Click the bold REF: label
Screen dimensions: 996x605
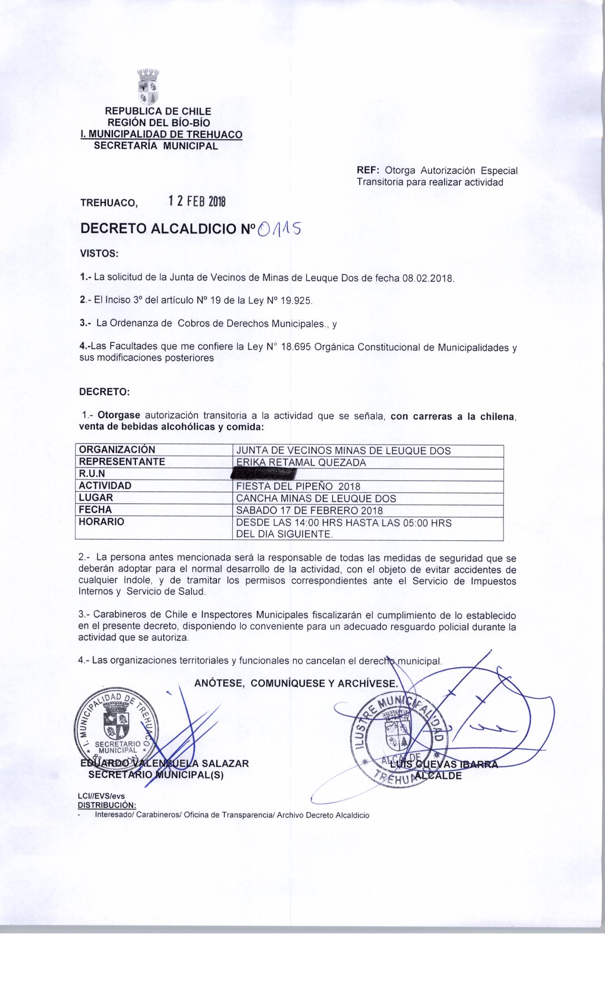coord(368,170)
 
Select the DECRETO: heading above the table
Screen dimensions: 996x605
coord(104,392)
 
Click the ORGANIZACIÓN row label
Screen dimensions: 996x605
coord(117,450)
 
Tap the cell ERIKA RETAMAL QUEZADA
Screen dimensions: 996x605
coord(301,462)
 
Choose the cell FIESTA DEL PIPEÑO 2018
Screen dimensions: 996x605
coord(298,486)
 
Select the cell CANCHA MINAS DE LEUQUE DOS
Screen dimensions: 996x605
coord(316,498)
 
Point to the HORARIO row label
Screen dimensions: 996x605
coord(102,522)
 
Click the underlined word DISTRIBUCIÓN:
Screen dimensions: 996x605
coord(107,805)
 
